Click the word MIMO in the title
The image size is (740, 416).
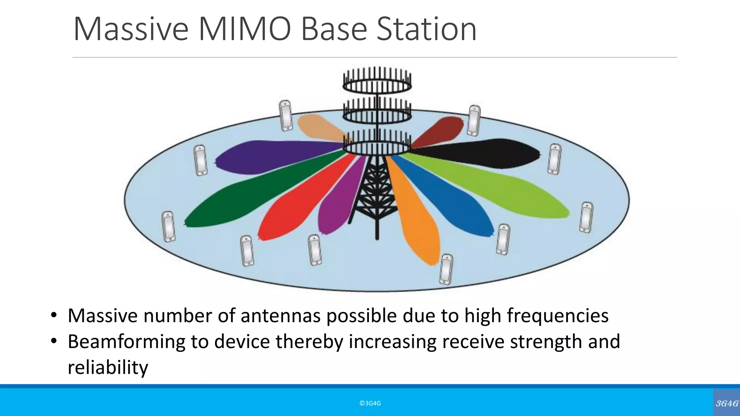[244, 30]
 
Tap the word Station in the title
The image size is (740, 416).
[426, 30]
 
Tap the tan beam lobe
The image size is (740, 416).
[318, 126]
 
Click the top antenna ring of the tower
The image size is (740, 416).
[377, 85]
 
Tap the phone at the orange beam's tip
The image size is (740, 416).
[446, 269]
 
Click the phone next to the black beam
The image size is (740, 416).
[554, 159]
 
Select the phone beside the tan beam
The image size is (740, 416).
[286, 115]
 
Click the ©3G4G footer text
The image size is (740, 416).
[370, 403]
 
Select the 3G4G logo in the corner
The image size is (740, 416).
[727, 403]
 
